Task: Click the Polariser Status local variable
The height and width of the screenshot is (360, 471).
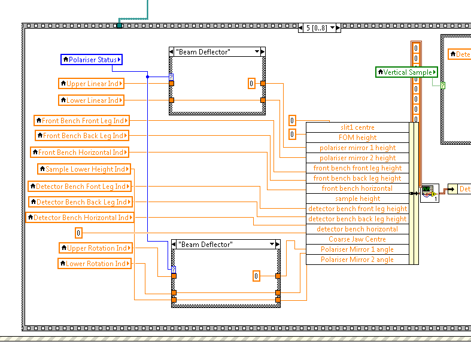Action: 92,59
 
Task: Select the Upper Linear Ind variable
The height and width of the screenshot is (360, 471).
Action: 92,84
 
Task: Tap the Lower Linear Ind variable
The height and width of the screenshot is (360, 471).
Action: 92,100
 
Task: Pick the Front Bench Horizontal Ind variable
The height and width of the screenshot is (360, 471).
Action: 80,152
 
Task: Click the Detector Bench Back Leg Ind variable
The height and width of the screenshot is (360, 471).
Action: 80,202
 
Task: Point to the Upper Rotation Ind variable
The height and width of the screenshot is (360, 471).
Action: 95,248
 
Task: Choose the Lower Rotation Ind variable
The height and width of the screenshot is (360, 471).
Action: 95,263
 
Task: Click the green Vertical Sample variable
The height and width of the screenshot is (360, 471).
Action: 407,72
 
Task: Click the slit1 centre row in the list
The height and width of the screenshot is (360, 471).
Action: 357,127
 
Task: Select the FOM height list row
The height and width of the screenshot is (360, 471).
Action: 357,138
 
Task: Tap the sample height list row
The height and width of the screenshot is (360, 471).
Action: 357,199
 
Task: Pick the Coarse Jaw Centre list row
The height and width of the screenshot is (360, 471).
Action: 357,239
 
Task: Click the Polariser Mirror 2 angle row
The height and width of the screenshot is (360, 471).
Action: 357,260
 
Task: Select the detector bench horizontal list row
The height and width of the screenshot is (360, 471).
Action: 357,229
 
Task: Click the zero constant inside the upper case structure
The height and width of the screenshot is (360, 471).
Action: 252,84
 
